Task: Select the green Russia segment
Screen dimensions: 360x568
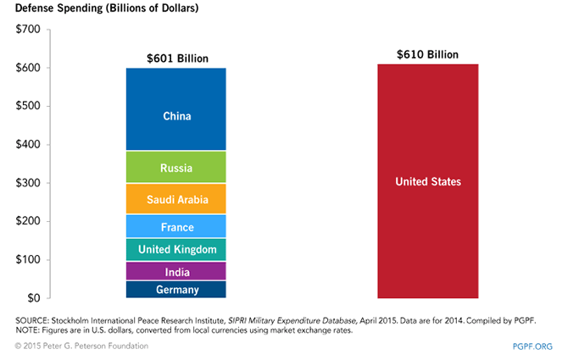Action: tap(176, 168)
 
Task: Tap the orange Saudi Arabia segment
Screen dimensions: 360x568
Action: tap(176, 199)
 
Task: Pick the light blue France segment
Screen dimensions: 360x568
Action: tap(176, 226)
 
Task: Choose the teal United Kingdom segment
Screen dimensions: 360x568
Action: tap(176, 249)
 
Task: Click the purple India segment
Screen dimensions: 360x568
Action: tap(176, 272)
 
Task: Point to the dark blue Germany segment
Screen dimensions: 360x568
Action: tap(176, 290)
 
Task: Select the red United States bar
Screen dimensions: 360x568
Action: tap(427, 181)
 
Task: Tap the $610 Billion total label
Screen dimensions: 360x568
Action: tap(427, 54)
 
